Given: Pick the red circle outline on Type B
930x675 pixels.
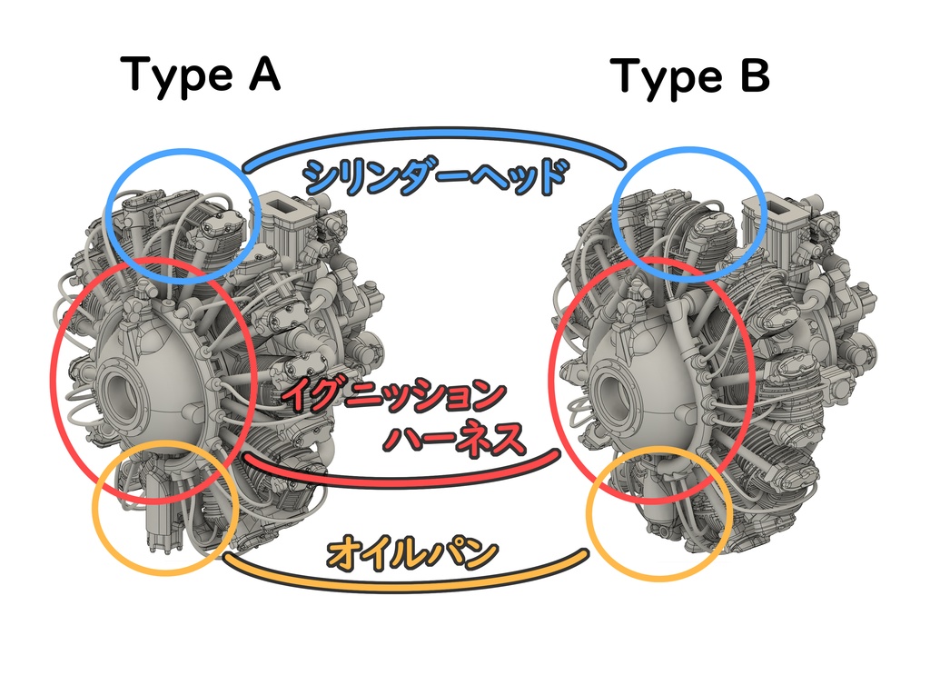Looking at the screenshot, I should pos(552,382).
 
